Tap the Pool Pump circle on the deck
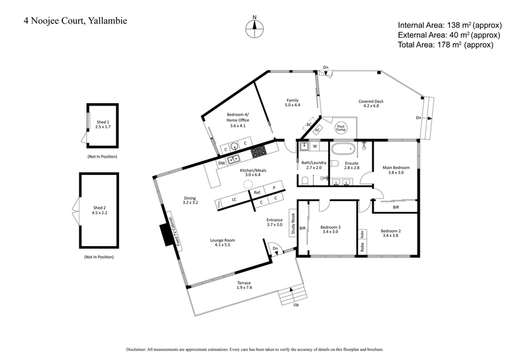[342, 128]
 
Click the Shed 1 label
[102, 124]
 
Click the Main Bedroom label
[396, 169]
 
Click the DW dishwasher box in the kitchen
[221, 163]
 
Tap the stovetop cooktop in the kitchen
[258, 151]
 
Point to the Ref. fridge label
[257, 191]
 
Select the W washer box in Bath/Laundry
[315, 146]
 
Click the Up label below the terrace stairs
[295, 304]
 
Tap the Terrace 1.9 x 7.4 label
[244, 286]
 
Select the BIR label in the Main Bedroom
[396, 207]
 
